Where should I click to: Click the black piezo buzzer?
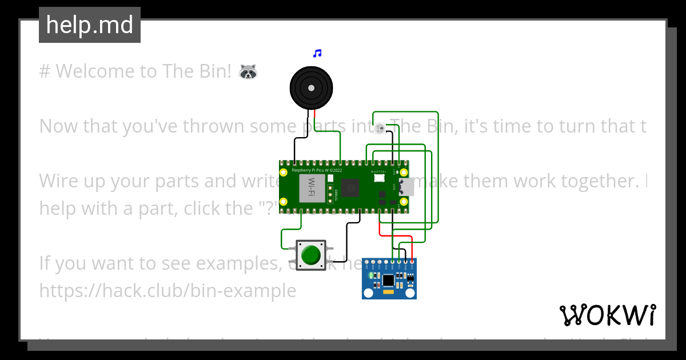pos(311,88)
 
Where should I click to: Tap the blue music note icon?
pos(317,54)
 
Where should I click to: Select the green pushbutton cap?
pos(310,255)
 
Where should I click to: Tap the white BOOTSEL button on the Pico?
pos(379,178)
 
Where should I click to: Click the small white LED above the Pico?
pos(380,128)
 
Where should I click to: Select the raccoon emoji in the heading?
pos(248,72)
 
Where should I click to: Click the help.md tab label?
pos(90,25)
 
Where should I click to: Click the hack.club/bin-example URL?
pos(167,291)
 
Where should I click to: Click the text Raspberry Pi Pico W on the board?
pos(317,170)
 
